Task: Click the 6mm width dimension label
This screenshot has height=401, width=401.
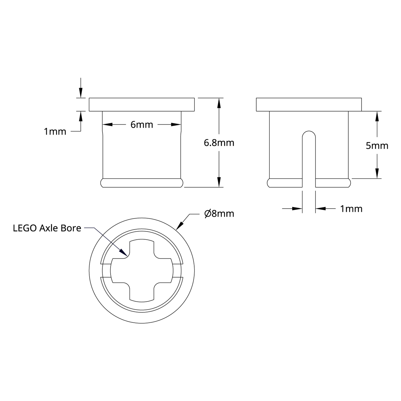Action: (142, 125)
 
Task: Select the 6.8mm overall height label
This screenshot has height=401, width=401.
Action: (219, 143)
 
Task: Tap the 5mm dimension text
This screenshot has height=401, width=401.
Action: (377, 146)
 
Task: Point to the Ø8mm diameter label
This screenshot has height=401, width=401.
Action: (219, 214)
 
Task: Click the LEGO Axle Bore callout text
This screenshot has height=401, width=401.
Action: (47, 228)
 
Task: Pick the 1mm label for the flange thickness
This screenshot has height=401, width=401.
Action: (55, 131)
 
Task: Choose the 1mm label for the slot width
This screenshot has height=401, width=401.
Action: (351, 209)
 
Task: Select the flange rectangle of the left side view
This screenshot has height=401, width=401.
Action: (142, 105)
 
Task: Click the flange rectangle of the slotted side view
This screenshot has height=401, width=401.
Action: (309, 105)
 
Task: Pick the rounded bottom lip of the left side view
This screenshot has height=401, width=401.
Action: (142, 183)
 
